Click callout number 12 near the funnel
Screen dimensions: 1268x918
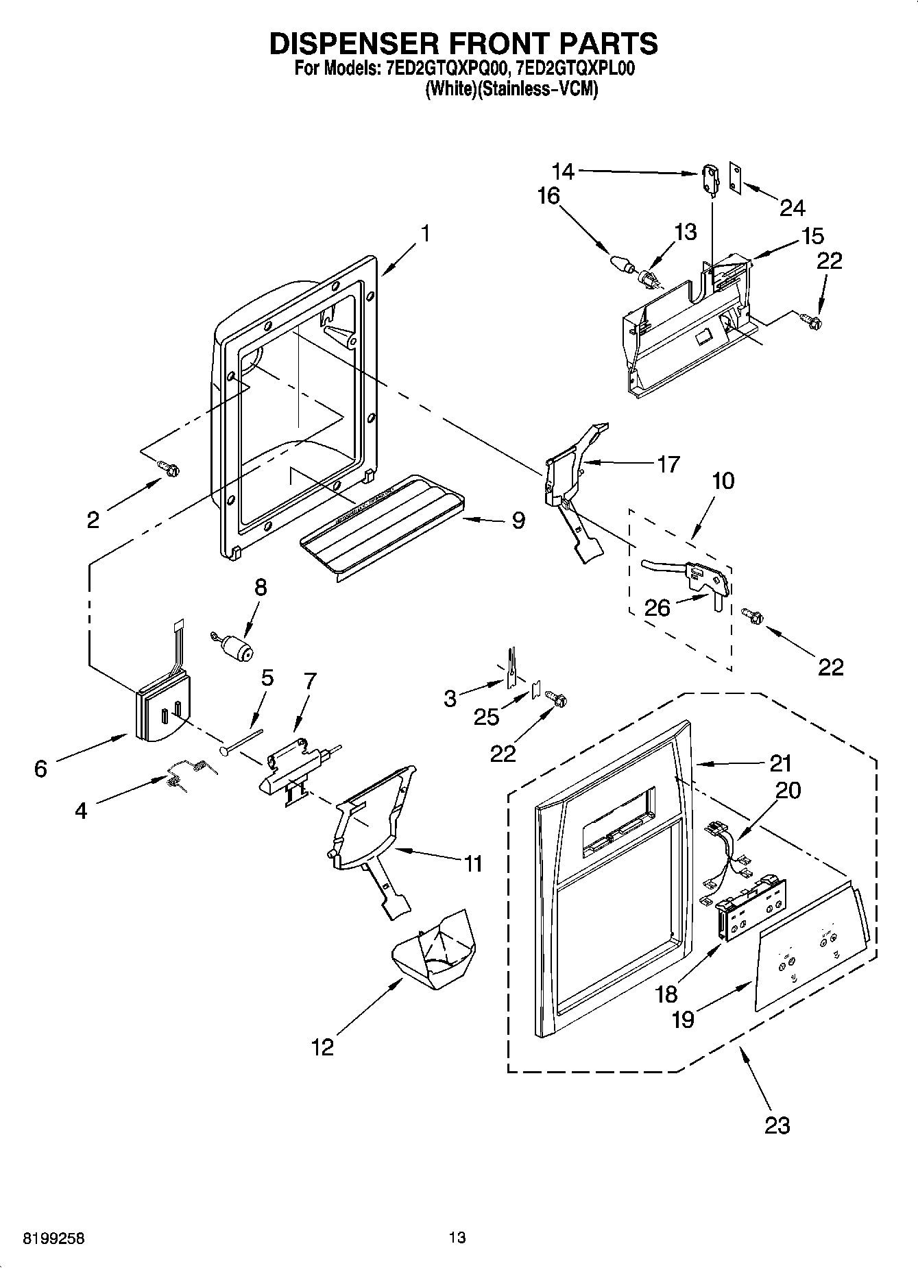click(322, 1047)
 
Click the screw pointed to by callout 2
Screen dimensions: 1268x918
click(170, 468)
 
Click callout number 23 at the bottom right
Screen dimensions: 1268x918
click(777, 1125)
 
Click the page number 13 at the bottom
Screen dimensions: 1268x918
click(457, 1238)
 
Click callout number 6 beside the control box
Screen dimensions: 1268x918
click(40, 769)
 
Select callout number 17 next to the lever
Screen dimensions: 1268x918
click(667, 464)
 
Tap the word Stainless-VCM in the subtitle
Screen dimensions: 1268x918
click(537, 90)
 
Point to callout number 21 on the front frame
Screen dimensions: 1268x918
click(780, 763)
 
